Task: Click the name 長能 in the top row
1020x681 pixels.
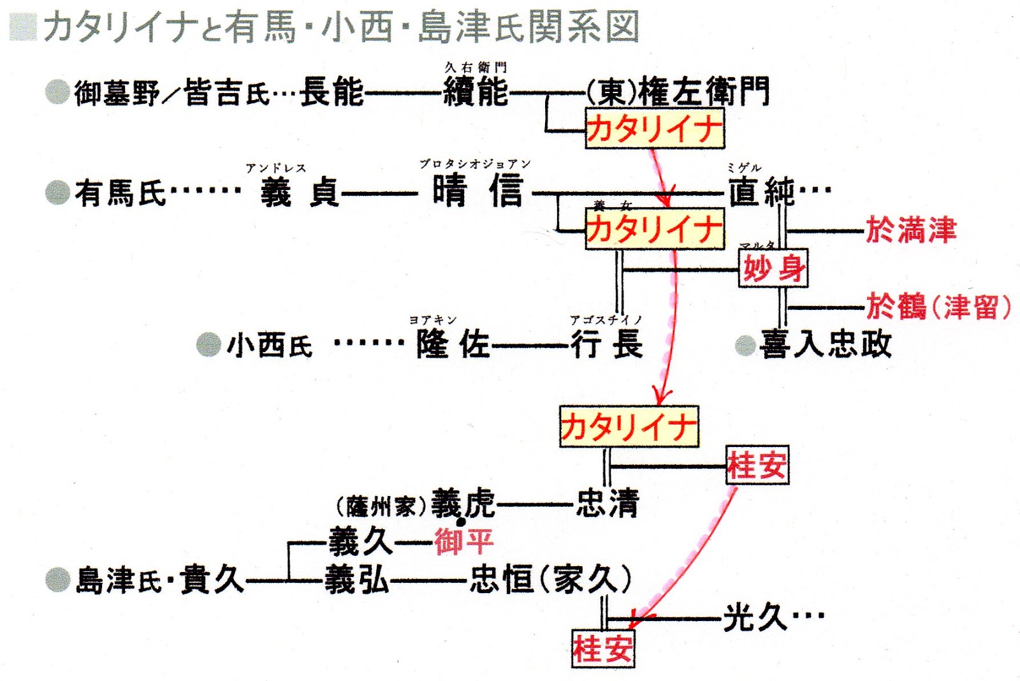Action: (331, 92)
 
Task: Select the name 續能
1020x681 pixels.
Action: (476, 92)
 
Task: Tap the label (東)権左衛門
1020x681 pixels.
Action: (678, 91)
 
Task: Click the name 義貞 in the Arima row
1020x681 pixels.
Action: (300, 191)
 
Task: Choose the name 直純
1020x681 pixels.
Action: (762, 191)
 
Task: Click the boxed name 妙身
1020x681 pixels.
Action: (773, 268)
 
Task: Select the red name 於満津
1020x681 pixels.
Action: (910, 230)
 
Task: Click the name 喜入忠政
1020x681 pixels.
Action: (825, 345)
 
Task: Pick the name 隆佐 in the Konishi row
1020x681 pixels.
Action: (453, 345)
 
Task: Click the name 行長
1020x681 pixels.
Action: (606, 345)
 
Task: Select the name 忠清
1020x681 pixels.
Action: (607, 503)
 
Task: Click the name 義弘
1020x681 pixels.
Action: (356, 580)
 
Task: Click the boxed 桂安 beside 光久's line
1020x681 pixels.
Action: (602, 648)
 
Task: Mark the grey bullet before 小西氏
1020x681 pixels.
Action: (208, 345)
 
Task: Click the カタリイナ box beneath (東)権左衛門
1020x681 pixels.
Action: (655, 129)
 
